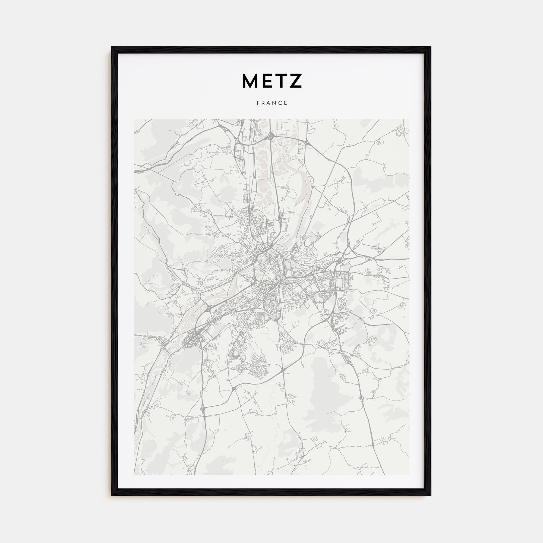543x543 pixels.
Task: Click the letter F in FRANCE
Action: tap(258, 103)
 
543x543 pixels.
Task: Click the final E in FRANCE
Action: tap(286, 103)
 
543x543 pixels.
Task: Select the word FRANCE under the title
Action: tap(272, 103)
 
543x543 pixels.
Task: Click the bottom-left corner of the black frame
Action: tap(112, 495)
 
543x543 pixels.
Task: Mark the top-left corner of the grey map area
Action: tap(134, 119)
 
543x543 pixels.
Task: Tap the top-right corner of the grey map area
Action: tap(409, 119)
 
